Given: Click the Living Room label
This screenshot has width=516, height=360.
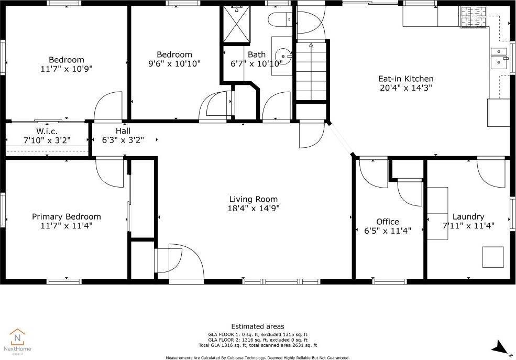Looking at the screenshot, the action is pos(254,199).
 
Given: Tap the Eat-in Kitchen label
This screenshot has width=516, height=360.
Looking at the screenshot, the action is pos(406,79).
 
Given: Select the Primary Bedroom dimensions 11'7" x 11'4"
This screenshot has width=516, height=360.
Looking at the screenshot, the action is pos(67,226).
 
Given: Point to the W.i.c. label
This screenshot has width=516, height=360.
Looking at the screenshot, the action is pos(47,132).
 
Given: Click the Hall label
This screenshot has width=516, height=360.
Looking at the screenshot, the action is pos(123,130).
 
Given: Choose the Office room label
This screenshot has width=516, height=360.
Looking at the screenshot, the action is pos(388,222).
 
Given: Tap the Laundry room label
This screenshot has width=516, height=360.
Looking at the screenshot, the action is pos(468,217).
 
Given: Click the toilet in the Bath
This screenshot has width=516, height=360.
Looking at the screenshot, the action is pos(280,19).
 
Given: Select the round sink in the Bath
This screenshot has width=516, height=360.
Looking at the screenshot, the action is pos(283,56).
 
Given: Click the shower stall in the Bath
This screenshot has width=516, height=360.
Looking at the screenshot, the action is pos(237,24).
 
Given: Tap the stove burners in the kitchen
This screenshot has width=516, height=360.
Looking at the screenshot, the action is pos(474,17).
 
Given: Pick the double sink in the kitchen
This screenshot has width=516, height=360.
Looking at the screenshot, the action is pos(499,58).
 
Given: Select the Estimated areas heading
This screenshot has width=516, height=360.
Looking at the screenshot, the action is pos(258,326).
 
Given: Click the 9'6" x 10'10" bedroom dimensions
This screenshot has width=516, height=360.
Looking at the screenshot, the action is pos(174,63).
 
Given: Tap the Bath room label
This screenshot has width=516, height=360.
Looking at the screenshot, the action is pos(257,54).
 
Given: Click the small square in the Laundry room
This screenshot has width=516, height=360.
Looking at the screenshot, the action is pos(493,257).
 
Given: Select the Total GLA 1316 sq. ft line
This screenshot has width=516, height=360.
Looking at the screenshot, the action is pos(258,345).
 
